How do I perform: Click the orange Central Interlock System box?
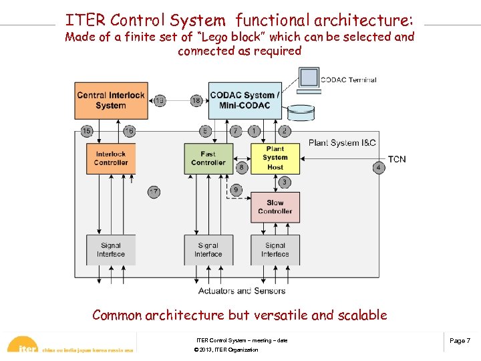coord(110,100)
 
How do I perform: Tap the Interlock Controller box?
coord(110,158)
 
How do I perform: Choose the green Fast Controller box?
coord(208,158)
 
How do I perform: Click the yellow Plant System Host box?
coord(275,158)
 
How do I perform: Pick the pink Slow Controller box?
coord(275,207)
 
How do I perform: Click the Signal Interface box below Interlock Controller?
coord(110,250)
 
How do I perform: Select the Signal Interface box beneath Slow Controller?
coord(275,250)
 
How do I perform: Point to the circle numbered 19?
coord(160,101)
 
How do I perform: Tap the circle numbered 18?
coord(196,101)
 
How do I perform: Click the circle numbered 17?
coord(154,193)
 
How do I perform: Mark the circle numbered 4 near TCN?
coord(378,167)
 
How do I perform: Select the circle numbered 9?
coord(236,191)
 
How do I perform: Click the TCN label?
coord(397,159)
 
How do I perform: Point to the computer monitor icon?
coord(308,78)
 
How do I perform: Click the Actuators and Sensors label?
coord(242,291)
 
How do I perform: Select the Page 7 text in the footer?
coord(460,341)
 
